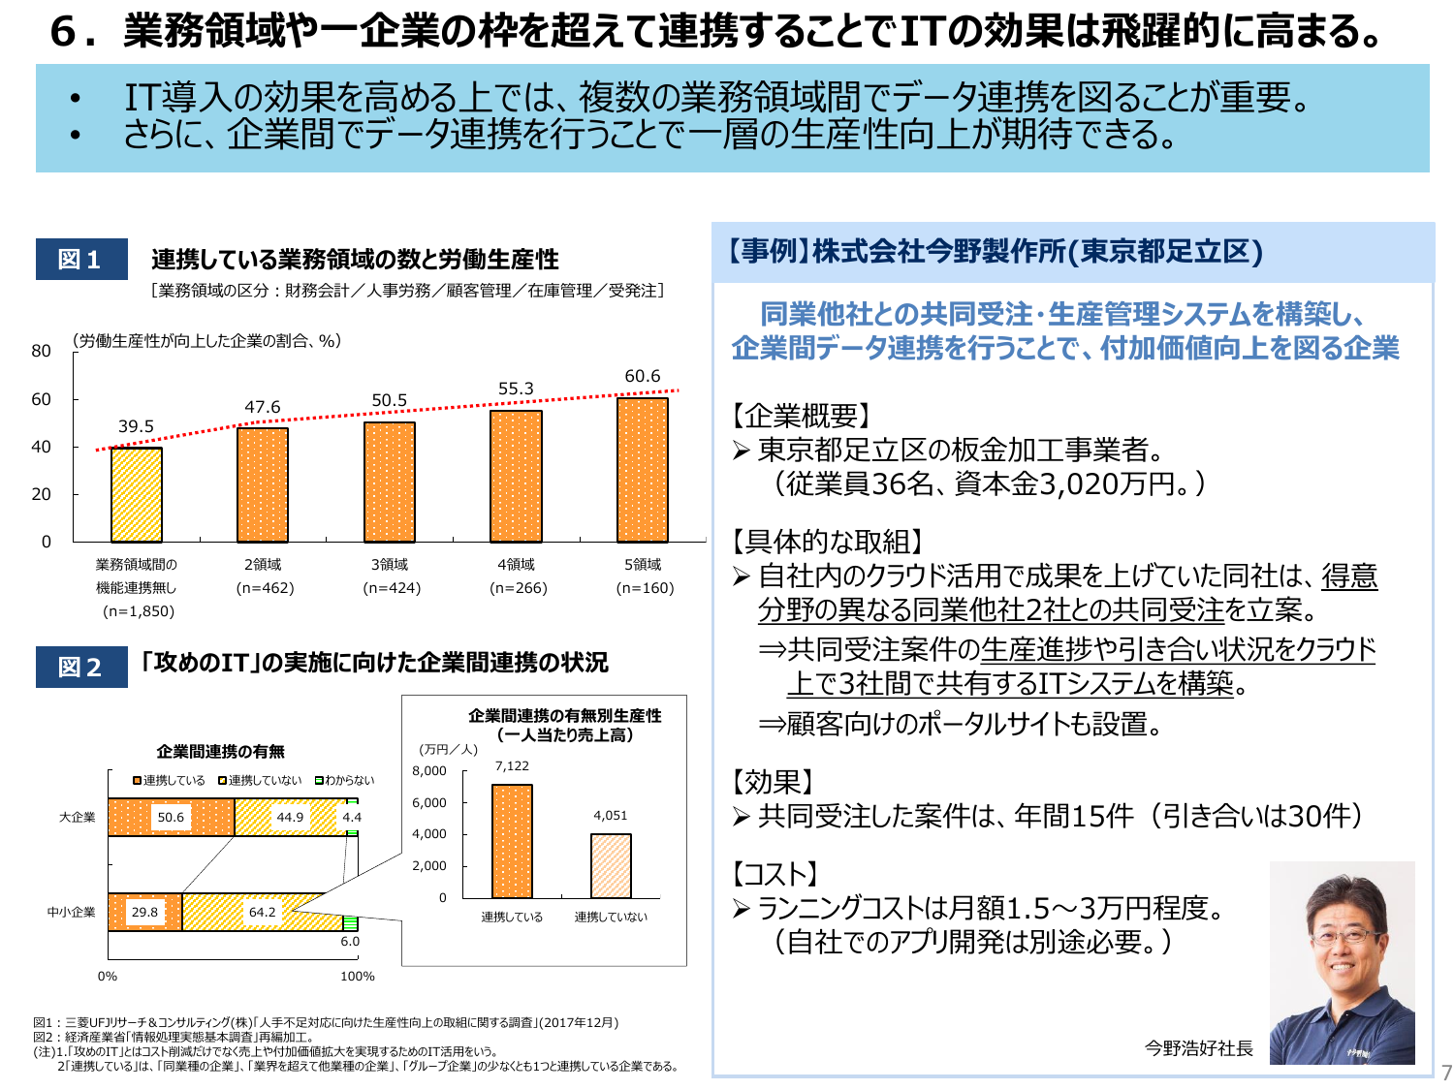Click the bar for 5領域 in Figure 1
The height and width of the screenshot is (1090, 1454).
pos(642,470)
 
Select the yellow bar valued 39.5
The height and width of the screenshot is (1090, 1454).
pos(136,495)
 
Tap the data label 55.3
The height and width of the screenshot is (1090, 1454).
pos(516,389)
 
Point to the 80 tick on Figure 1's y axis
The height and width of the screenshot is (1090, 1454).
pos(41,351)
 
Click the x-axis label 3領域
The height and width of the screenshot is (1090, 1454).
pos(390,564)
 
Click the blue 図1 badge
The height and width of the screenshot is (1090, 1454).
pos(81,260)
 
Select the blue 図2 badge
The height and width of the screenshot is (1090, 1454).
pos(81,667)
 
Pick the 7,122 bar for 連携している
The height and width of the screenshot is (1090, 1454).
pos(512,841)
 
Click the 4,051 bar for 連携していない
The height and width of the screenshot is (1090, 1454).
pos(611,866)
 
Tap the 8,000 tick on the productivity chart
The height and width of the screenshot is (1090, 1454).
pos(429,771)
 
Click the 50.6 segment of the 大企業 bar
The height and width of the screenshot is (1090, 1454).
pos(171,817)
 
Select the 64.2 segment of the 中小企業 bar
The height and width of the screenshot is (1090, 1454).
pos(262,912)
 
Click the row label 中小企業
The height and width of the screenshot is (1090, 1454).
pos(72,912)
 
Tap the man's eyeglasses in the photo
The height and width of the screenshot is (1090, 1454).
pos(1344,935)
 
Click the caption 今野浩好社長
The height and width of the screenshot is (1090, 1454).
pos(1198,1048)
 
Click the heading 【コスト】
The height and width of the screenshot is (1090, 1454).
pos(775,874)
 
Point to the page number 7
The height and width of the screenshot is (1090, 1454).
pos(1446,1073)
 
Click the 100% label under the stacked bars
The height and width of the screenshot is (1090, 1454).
pos(357,976)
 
